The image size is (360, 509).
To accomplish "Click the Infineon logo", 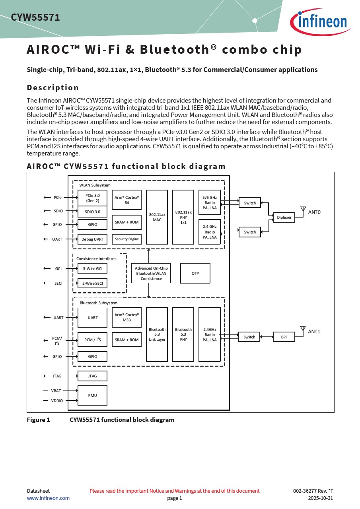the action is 321,22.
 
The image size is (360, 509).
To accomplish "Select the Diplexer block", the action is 284,217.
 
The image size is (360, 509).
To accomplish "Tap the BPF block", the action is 284,337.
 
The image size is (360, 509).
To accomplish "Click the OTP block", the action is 195,273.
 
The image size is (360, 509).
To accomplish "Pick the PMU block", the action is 92,395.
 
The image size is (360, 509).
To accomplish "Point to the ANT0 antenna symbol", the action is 303,210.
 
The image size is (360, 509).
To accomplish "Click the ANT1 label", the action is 314,332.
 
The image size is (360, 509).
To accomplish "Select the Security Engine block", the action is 126,239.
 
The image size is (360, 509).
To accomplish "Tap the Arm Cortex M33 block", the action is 126,317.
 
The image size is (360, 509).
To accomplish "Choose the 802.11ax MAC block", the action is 157,217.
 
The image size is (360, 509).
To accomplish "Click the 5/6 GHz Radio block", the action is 210,202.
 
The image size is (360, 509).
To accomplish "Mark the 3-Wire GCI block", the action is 92,268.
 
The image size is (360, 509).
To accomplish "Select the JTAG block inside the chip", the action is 92,376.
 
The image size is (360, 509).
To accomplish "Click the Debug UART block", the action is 92,239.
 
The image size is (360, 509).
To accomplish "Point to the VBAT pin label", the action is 56,390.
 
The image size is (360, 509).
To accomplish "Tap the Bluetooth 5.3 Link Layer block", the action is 157,334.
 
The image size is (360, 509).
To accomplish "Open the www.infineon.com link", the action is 48,498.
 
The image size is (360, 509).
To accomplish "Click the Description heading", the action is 53,87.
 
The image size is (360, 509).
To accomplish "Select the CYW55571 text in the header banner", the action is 35,17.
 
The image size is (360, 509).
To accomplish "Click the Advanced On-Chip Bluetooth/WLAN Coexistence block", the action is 151,273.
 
